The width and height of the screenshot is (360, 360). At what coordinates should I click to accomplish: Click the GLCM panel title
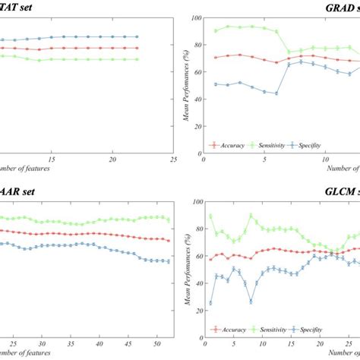click(335, 189)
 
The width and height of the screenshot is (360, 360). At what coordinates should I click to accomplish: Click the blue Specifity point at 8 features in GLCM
click(251, 302)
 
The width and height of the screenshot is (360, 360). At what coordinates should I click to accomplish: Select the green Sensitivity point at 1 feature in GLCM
click(210, 216)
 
